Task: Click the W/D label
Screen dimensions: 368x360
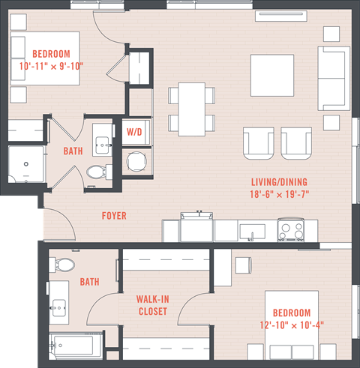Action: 134,132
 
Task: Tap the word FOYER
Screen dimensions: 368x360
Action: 114,216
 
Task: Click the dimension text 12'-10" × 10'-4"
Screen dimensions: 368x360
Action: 292,325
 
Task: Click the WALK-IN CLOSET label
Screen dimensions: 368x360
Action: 151,305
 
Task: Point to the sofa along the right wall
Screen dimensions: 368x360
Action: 334,77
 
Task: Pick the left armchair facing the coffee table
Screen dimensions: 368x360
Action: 258,142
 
